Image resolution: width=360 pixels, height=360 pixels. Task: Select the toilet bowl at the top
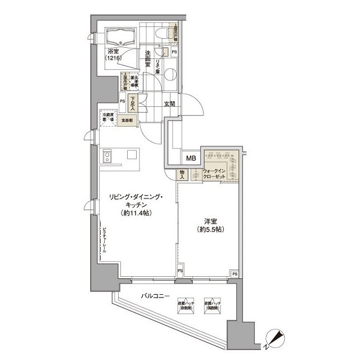pyautogui.click(x=163, y=33)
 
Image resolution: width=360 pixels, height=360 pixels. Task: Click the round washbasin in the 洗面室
pyautogui.click(x=170, y=73)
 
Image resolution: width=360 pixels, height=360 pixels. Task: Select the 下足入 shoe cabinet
pyautogui.click(x=132, y=103)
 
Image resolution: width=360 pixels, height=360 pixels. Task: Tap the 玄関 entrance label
pyautogui.click(x=170, y=103)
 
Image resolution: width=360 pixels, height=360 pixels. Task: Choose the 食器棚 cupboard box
pyautogui.click(x=129, y=120)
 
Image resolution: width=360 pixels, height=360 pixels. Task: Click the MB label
pyautogui.click(x=191, y=159)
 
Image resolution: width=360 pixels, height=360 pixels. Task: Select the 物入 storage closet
pyautogui.click(x=183, y=175)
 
